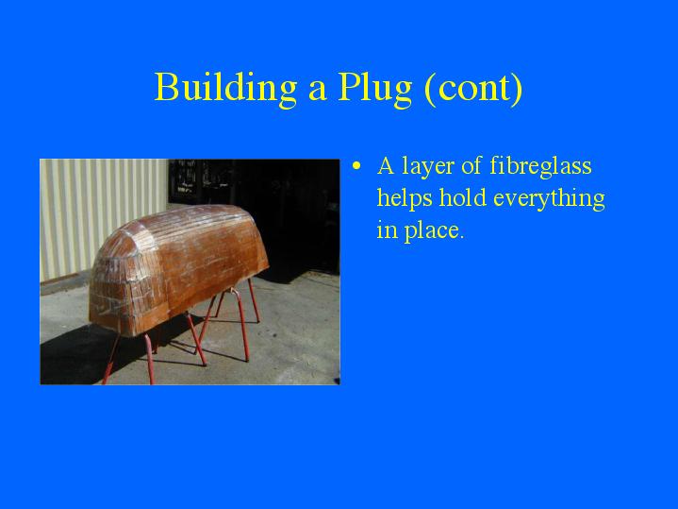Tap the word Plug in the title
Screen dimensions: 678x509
[375, 89]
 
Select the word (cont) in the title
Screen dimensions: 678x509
[473, 89]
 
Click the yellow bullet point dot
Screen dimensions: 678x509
[356, 166]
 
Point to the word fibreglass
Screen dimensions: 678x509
[540, 167]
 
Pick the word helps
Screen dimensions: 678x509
[405, 199]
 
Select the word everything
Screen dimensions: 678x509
[549, 199]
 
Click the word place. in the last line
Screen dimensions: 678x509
[434, 230]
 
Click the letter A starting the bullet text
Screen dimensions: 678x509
[386, 165]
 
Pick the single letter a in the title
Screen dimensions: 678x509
[317, 91]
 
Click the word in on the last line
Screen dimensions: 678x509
[387, 229]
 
